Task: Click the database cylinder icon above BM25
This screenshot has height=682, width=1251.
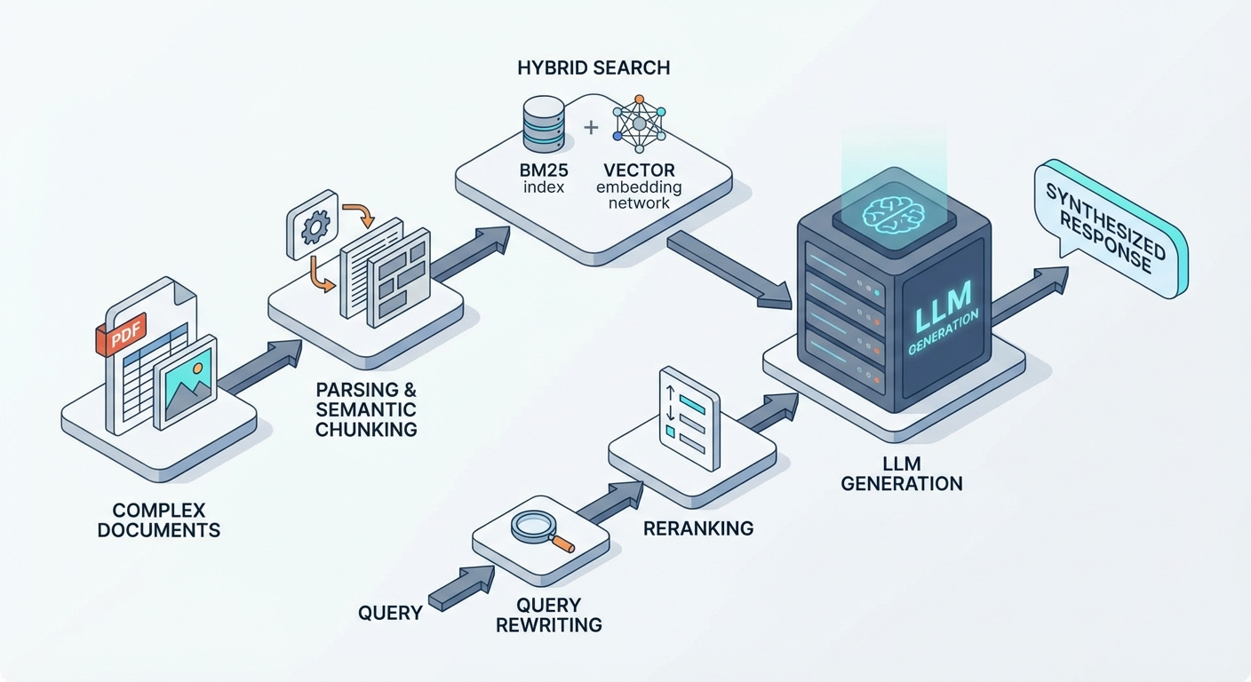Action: pyautogui.click(x=544, y=124)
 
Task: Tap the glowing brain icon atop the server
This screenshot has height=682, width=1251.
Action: pyautogui.click(x=893, y=214)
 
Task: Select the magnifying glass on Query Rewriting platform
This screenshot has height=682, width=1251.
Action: pyautogui.click(x=538, y=529)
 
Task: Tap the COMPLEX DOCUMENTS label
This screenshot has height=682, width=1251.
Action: pyautogui.click(x=159, y=520)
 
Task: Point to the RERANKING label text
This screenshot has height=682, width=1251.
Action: pyautogui.click(x=698, y=528)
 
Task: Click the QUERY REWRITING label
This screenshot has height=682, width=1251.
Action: pyautogui.click(x=548, y=615)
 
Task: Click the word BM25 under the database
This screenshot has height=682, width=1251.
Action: pyautogui.click(x=544, y=170)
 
